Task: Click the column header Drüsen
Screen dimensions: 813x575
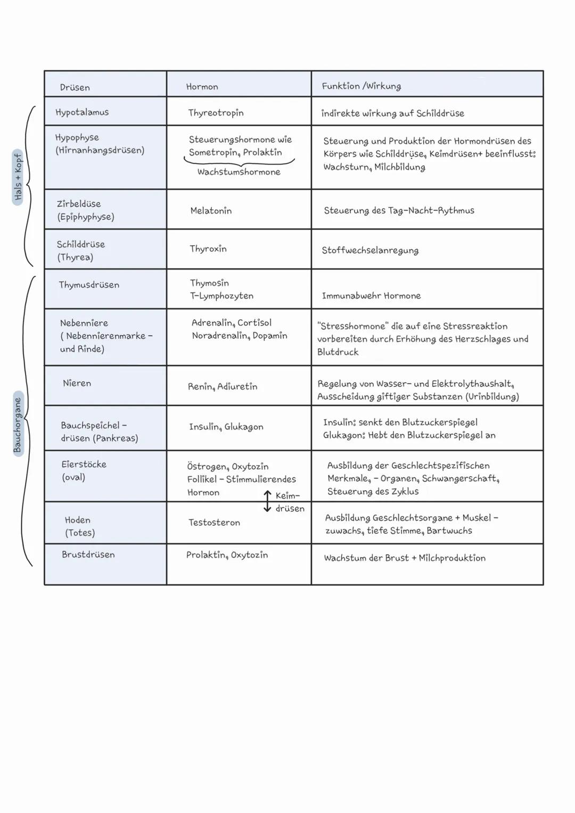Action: pos(75,87)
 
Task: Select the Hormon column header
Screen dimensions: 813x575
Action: pos(202,87)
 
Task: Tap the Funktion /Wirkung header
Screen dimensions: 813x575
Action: pos(361,86)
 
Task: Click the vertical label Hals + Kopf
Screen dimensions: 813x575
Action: pos(18,177)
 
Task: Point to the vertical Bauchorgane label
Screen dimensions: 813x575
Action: pos(18,425)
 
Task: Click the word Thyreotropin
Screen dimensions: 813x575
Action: pos(216,113)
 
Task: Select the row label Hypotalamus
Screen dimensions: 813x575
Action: pos(82,112)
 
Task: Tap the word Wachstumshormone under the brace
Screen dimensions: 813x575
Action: pos(239,172)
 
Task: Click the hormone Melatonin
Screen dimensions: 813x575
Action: pos(211,211)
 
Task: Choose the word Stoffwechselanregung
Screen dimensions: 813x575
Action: pos(370,250)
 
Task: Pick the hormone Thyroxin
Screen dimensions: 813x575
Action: pos(208,249)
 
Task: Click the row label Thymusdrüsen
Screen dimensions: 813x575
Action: pos(89,285)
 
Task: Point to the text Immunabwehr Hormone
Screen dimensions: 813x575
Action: pos(371,296)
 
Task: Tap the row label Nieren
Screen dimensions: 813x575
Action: pos(77,383)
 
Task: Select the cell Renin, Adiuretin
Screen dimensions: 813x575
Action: pos(222,387)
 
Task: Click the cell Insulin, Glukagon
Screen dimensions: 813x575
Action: pos(226,427)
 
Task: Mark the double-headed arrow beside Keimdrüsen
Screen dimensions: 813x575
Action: pos(267,501)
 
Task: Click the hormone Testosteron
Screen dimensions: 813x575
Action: pos(214,523)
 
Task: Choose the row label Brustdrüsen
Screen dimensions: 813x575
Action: pos(88,555)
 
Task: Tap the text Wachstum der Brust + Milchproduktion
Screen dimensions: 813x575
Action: pos(405,558)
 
